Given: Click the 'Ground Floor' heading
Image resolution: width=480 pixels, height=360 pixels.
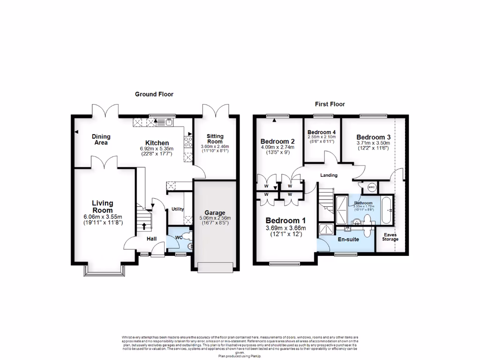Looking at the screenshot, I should [154, 94].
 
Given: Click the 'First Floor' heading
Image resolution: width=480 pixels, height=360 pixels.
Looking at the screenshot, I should [330, 104].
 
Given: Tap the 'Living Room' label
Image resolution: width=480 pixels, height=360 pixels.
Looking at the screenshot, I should [102, 207].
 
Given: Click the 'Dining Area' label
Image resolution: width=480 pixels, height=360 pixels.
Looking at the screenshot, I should [101, 140].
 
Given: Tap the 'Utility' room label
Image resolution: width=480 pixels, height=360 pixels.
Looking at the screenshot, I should [177, 209].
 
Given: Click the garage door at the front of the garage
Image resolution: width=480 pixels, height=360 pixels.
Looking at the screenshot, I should [216, 267].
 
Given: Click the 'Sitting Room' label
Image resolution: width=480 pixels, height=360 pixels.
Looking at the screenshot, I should [216, 139].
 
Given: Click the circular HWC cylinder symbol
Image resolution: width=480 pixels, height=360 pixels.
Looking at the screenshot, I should [372, 187].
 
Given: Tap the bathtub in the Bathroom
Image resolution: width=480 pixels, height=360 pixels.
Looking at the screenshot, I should [387, 211].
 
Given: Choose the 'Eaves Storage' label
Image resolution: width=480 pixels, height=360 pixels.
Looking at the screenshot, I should [390, 237].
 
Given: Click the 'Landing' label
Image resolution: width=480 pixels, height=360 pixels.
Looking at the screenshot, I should [330, 175].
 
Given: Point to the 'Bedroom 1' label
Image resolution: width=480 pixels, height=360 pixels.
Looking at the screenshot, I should [286, 221].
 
